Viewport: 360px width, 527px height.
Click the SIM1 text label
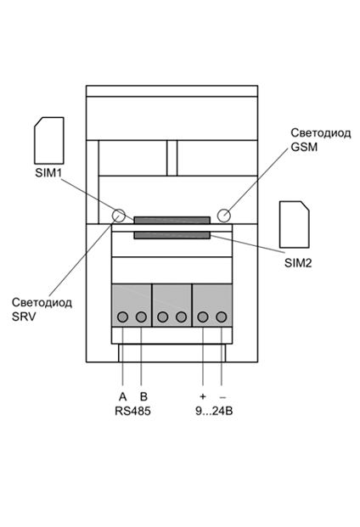click(48, 173)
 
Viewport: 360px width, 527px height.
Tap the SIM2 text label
click(298, 263)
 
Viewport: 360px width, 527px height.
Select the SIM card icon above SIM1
click(49, 141)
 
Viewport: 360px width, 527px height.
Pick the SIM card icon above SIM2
click(295, 225)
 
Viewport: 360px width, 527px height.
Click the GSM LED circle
click(224, 215)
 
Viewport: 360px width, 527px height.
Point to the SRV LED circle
click(118, 215)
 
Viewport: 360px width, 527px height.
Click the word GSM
click(304, 147)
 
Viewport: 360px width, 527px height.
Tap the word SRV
click(24, 317)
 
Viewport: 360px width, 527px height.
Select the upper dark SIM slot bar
click(172, 220)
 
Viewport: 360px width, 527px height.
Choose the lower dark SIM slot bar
click(172, 235)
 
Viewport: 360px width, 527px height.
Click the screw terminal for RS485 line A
click(123, 317)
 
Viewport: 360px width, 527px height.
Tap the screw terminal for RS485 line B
click(141, 317)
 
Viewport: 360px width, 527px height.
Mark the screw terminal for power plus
click(203, 317)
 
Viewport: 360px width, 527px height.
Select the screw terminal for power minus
click(221, 317)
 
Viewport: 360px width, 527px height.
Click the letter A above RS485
click(123, 397)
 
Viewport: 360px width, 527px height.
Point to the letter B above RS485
click(143, 397)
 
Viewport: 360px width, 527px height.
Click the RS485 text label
click(132, 411)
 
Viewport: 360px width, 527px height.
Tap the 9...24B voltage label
click(214, 411)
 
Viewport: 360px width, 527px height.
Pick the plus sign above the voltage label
click(202, 396)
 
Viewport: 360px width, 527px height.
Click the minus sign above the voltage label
click(222, 397)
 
